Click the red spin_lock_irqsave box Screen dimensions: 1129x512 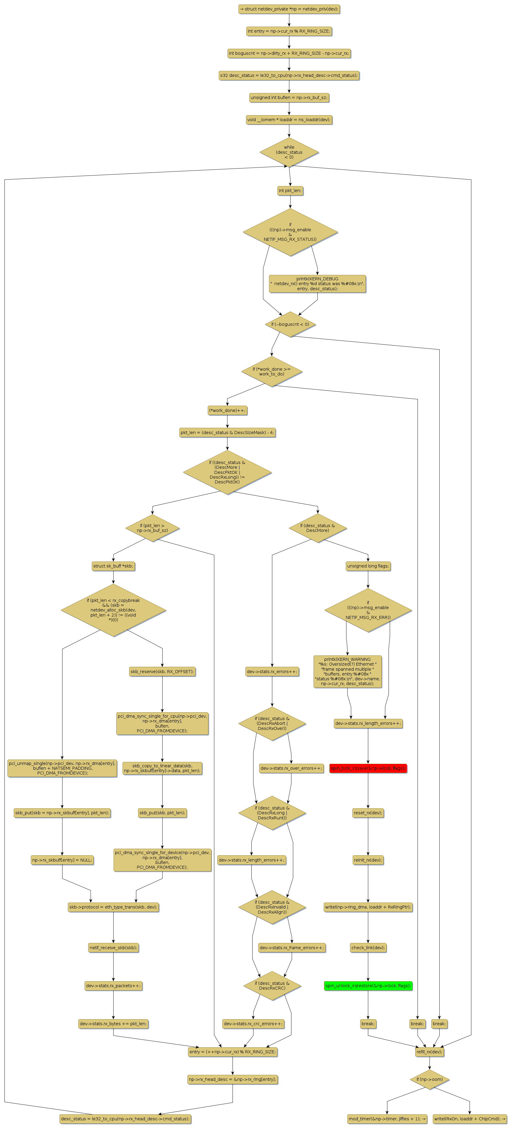[368, 768]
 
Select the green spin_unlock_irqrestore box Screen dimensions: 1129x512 [368, 986]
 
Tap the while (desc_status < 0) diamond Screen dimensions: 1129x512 [289, 152]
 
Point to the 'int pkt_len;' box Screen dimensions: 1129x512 [290, 191]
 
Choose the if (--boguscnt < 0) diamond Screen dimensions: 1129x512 [290, 324]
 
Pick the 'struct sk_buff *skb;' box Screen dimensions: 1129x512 [113, 566]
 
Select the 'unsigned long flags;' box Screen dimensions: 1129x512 [368, 566]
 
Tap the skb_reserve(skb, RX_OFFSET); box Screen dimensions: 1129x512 [162, 671]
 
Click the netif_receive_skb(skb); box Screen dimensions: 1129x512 [113, 947]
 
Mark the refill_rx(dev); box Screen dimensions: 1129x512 [429, 1052]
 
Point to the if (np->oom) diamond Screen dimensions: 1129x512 [429, 1079]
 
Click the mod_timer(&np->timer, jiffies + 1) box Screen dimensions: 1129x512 [387, 1119]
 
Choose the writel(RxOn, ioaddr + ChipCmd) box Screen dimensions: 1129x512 [470, 1119]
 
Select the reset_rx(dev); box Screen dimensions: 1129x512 [368, 812]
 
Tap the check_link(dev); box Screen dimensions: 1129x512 [368, 947]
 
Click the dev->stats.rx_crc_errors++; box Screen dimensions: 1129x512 [253, 1024]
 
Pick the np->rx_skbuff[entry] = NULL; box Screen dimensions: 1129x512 [62, 860]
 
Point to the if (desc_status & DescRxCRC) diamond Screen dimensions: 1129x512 [272, 986]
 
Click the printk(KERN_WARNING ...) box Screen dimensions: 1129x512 [347, 671]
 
